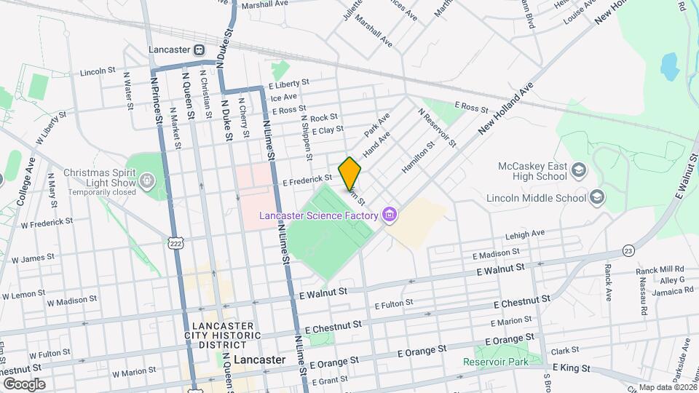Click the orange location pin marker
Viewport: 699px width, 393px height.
coord(349,173)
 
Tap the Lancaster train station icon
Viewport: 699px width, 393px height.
coord(197,50)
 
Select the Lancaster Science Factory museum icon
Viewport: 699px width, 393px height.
coord(390,215)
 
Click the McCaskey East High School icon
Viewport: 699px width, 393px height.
coord(578,170)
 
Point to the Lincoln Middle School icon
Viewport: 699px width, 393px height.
coord(597,197)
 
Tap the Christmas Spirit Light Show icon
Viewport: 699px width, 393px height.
coord(148,178)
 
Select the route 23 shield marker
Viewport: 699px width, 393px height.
coord(628,250)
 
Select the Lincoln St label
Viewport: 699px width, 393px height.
coord(98,71)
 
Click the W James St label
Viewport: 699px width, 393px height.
coord(26,258)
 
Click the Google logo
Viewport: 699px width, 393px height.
coord(24,384)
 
